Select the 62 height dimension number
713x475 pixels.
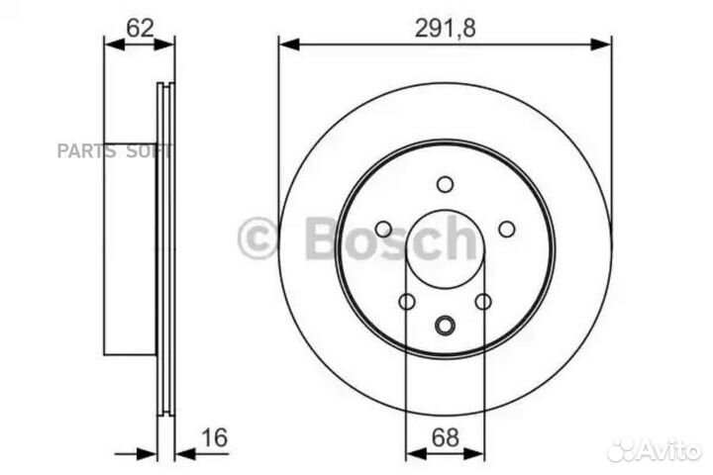coord(140,27)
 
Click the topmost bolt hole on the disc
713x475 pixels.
coord(445,184)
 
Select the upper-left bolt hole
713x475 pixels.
coord(383,230)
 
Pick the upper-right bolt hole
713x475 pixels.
coord(506,230)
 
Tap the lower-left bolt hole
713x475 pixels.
coord(406,302)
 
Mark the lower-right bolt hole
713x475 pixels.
coord(483,302)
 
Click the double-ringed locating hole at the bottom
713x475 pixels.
coord(445,323)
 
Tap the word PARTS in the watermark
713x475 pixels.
coord(86,151)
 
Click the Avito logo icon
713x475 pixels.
coord(622,449)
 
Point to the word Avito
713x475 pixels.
coord(670,450)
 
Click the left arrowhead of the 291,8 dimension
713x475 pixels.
coord(287,43)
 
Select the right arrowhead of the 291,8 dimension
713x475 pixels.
coord(604,43)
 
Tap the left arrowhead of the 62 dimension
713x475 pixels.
coord(111,43)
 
